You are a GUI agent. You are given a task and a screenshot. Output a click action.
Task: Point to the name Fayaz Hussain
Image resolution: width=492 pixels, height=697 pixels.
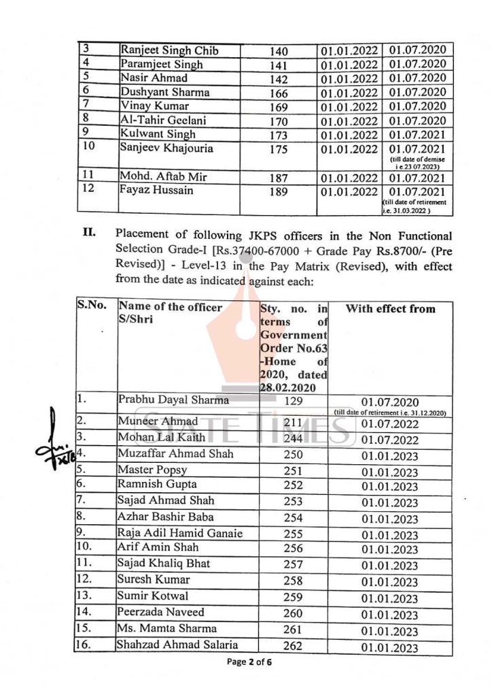[156, 190]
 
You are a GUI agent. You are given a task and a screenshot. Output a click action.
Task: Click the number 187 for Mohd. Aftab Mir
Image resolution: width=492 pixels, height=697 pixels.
[279, 178]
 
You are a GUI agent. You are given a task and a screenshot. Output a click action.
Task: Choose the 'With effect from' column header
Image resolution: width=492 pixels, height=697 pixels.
[390, 309]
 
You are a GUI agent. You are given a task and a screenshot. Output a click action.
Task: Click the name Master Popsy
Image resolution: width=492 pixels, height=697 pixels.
[152, 470]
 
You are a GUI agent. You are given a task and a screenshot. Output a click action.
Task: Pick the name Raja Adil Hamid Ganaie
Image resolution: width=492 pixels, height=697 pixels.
[179, 532]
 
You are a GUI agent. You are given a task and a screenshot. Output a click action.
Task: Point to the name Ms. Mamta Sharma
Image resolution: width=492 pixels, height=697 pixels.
[166, 628]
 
